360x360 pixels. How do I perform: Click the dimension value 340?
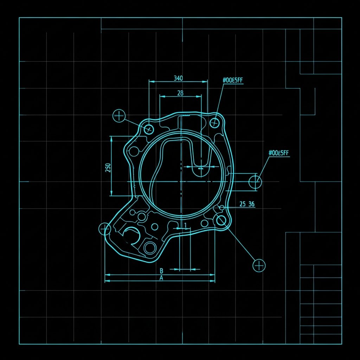(x=178, y=78)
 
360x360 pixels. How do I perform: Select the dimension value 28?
(x=180, y=93)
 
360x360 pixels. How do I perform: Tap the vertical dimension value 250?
(x=108, y=168)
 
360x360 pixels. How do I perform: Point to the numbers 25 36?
(x=247, y=204)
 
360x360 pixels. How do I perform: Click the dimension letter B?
(x=161, y=271)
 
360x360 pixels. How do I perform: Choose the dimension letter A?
(x=161, y=278)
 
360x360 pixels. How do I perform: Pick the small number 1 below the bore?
(x=186, y=225)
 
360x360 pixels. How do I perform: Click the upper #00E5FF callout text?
(x=233, y=80)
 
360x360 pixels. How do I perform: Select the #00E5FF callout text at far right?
(x=278, y=153)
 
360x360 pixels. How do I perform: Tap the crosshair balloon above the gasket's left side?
(x=119, y=116)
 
